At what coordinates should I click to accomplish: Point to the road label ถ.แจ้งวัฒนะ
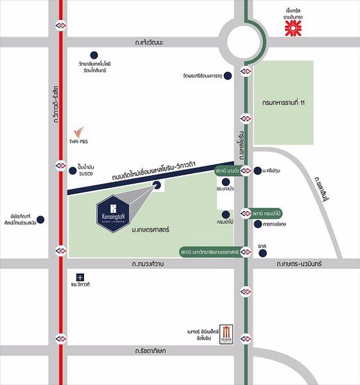tap(146, 42)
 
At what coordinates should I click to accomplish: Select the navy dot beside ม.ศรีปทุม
tap(258, 171)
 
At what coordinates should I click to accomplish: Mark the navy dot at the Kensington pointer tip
tap(157, 186)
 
